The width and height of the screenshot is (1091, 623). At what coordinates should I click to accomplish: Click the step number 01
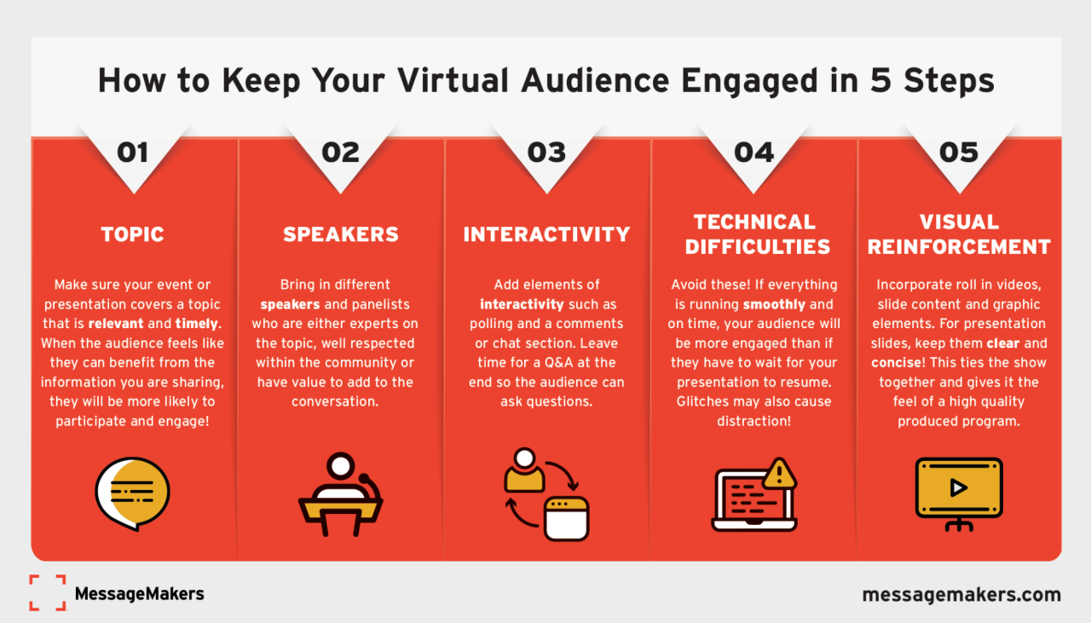132,153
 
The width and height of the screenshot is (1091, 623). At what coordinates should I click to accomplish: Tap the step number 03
546,153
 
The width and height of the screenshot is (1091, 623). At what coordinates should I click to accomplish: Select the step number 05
959,153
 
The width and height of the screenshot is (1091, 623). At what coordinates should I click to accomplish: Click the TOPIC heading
132,234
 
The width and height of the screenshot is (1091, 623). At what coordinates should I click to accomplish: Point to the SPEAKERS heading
341,234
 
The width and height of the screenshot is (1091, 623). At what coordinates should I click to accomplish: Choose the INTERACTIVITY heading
546,234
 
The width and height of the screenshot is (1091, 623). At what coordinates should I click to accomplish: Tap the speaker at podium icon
340,494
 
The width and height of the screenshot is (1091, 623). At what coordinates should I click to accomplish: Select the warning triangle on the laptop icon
779,473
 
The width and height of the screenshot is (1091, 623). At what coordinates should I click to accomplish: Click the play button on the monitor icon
959,487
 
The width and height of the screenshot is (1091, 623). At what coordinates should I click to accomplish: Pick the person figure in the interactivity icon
524,470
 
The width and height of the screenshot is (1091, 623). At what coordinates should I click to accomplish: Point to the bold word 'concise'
892,362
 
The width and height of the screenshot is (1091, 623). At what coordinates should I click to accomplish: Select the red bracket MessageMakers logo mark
47,592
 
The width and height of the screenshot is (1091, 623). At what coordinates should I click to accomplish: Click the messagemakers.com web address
961,594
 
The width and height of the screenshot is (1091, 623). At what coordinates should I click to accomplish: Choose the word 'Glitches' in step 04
704,401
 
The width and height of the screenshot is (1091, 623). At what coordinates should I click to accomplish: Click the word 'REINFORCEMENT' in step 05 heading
959,247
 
